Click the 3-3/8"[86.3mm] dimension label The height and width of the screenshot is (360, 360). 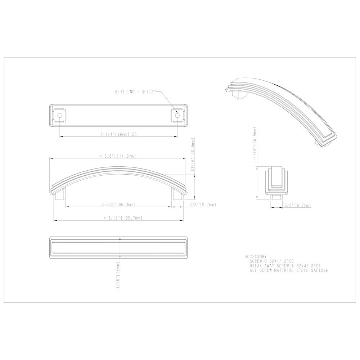[x=118, y=204]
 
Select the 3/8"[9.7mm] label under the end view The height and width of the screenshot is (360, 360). [x=297, y=205]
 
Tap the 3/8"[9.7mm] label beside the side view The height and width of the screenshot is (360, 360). [x=202, y=204]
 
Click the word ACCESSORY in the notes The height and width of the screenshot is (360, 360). [x=256, y=256]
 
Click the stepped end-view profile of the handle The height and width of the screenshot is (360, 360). [x=276, y=182]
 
